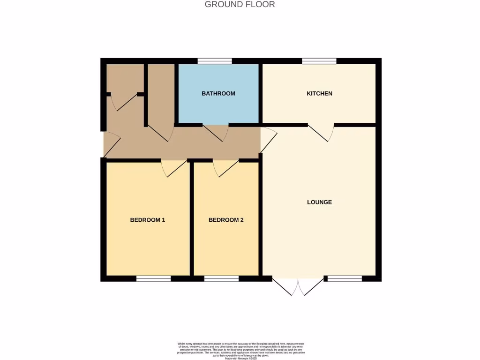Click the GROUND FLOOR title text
240,5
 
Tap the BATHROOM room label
218,94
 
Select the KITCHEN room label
319,94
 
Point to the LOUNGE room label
319,202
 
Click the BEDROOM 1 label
147,220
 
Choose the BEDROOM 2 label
226,220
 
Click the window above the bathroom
215,61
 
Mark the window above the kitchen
319,61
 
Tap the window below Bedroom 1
153,279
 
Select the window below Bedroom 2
221,279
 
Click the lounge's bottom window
345,279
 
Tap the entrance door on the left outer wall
111,144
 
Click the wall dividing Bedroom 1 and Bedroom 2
192,219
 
